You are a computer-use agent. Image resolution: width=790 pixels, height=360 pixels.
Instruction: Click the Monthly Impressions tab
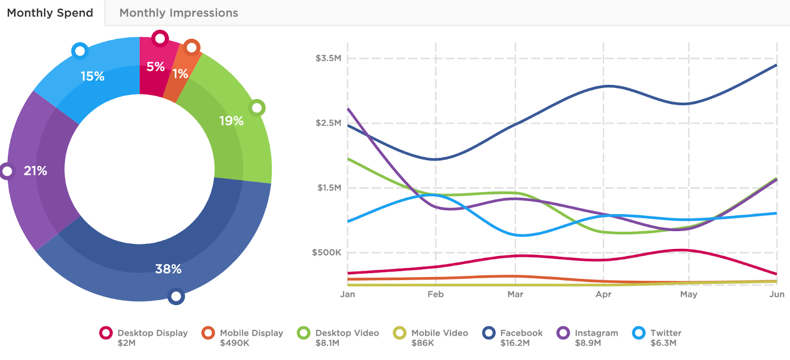[179, 13]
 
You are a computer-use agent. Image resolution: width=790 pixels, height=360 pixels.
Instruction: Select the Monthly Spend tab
[50, 13]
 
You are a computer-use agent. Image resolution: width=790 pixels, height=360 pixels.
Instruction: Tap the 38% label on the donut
[168, 269]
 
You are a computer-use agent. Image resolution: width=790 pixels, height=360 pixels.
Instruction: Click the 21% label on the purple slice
[36, 171]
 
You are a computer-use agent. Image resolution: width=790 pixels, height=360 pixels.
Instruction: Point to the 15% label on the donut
[92, 77]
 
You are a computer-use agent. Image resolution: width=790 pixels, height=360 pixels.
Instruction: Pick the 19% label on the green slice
[232, 121]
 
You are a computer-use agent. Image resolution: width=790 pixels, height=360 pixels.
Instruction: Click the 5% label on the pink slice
[156, 67]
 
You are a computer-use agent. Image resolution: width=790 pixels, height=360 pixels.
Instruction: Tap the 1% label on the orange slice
[180, 74]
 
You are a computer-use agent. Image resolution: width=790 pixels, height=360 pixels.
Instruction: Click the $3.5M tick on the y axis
[328, 58]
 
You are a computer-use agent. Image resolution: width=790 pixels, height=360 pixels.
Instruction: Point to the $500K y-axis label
[326, 253]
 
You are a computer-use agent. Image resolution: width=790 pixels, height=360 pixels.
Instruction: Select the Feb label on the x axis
[435, 294]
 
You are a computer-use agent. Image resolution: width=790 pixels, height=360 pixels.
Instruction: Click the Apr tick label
[603, 294]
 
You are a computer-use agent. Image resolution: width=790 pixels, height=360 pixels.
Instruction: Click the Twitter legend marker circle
[639, 333]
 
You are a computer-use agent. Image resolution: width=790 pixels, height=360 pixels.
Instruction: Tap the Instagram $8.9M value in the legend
[588, 343]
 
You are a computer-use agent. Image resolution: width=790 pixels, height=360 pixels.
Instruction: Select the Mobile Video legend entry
[439, 333]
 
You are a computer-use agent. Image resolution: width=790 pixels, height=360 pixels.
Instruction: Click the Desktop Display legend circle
[106, 333]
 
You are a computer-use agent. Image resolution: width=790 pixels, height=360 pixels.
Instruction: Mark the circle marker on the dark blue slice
[176, 296]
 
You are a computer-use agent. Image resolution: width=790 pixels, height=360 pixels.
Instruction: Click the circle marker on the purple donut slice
[7, 171]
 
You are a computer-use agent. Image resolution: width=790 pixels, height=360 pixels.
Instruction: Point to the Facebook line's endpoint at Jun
[776, 65]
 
